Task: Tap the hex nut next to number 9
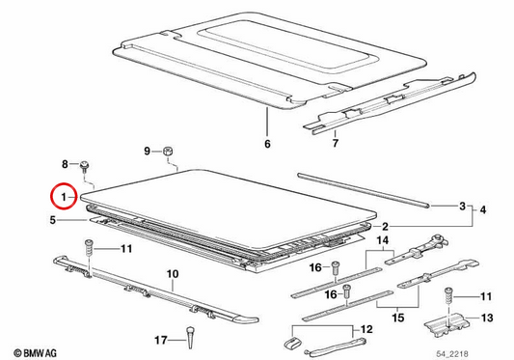[168, 152]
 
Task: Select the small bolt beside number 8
[85, 165]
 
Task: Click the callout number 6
[267, 144]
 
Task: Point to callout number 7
[335, 143]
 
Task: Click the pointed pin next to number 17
[190, 338]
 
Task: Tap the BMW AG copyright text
[35, 353]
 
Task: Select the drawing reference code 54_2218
[452, 354]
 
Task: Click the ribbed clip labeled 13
[446, 324]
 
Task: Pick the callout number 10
[173, 274]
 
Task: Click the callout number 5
[53, 220]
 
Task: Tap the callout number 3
[462, 207]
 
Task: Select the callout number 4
[483, 209]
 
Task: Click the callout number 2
[385, 227]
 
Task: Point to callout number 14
[383, 240]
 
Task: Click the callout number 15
[398, 318]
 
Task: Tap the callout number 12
[366, 329]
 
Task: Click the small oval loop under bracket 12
[292, 344]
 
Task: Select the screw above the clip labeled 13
[448, 296]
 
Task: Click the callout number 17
[161, 340]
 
